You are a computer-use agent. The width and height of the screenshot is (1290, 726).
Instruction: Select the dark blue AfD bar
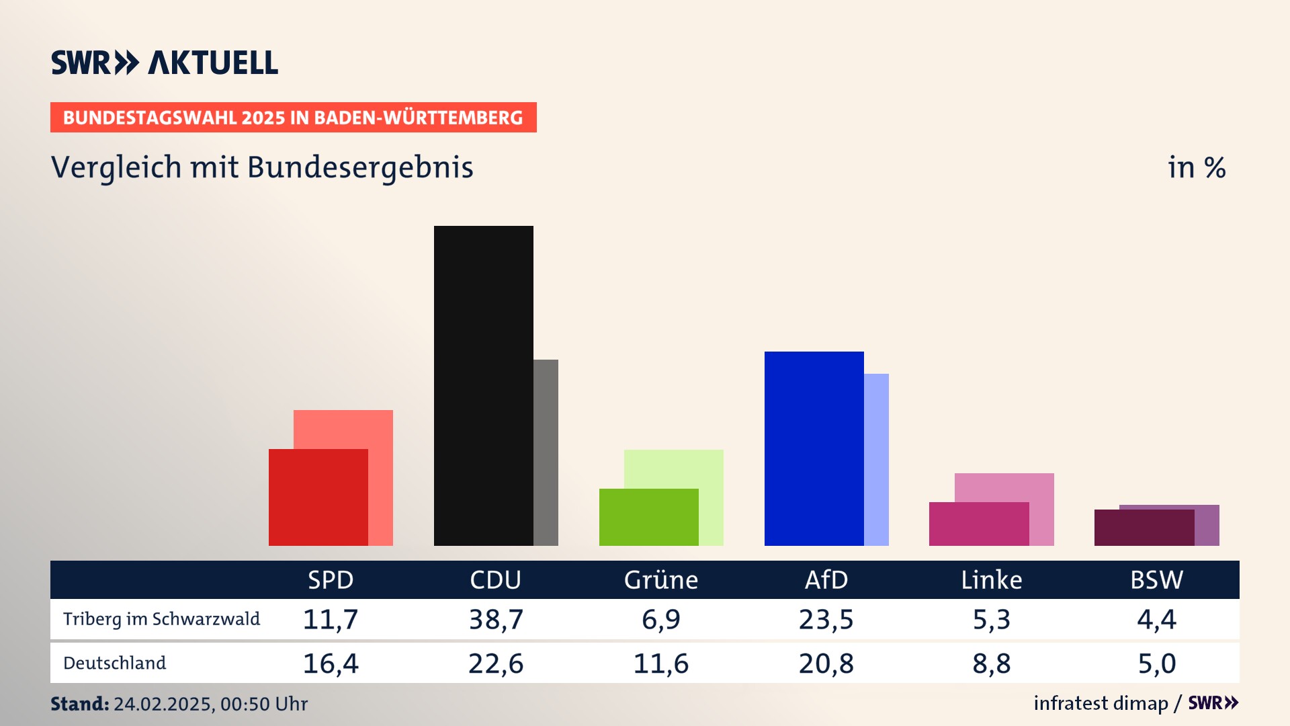[814, 448]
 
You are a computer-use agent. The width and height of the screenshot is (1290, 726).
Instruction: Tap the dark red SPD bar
[318, 497]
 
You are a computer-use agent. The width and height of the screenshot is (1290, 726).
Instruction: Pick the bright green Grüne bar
[648, 517]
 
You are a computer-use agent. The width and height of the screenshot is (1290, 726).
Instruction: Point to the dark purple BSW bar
[1144, 528]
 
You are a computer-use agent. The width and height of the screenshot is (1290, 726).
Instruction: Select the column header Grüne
[661, 579]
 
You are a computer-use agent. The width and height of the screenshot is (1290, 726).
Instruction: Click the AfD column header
[826, 579]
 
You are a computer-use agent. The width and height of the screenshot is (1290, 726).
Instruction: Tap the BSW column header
[1156, 579]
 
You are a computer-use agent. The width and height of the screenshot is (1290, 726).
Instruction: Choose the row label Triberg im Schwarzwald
[161, 619]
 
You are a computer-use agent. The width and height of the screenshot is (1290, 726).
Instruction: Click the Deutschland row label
[114, 663]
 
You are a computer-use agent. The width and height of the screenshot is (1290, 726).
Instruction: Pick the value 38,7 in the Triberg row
[496, 619]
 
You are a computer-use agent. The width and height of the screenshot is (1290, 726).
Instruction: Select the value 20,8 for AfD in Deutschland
[826, 663]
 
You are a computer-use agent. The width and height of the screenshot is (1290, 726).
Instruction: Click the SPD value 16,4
[331, 663]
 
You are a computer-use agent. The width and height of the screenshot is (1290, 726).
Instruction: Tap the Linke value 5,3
[991, 619]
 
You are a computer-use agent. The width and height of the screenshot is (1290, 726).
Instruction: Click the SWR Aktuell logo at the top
[165, 63]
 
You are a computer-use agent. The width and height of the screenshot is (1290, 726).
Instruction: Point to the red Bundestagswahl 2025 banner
[293, 118]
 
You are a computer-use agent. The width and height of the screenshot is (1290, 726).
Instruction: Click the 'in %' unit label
[1197, 168]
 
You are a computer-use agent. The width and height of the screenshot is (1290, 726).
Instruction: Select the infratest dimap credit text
[1101, 703]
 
